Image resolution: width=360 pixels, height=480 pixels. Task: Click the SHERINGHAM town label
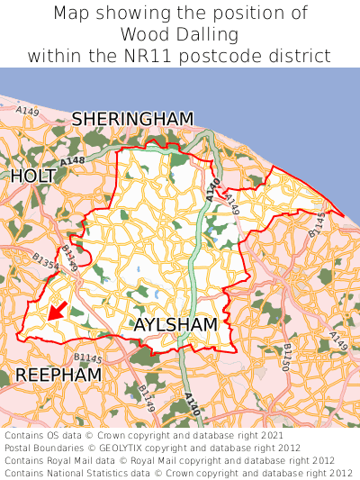pos(133,119)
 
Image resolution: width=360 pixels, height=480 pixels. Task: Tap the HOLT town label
pos(34,177)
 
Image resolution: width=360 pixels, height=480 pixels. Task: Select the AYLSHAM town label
pos(175,324)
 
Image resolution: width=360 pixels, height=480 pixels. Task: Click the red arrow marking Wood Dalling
pos(56,311)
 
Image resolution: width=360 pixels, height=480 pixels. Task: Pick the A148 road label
pos(74,160)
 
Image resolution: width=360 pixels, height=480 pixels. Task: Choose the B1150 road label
pos(287,356)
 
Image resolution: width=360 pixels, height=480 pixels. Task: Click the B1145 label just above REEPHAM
pos(88,358)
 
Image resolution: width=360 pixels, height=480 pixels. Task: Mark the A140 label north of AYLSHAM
pos(212,189)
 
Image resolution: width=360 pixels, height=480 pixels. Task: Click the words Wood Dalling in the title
pos(180,34)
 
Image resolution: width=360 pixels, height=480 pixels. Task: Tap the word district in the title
pos(302,56)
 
